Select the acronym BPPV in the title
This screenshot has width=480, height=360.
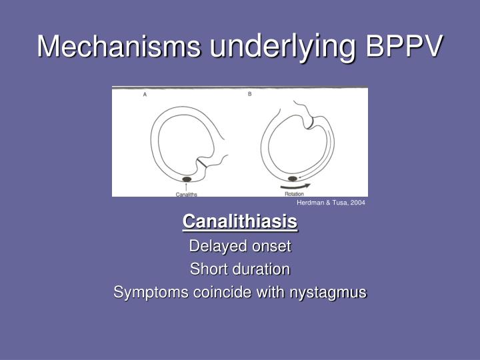tap(405, 46)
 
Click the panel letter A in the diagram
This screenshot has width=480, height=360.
tap(145, 95)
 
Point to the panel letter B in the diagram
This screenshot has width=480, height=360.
tap(249, 94)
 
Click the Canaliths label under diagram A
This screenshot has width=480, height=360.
tap(186, 194)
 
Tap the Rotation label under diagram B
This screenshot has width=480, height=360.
tap(294, 193)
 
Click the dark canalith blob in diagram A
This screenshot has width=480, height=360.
tap(187, 179)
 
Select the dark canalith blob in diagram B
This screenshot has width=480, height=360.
tap(292, 179)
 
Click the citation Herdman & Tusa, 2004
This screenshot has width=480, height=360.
tap(331, 203)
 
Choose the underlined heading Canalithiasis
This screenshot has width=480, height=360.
tap(240, 221)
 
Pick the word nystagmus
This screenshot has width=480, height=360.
tap(329, 293)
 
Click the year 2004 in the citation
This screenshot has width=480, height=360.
tap(358, 203)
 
